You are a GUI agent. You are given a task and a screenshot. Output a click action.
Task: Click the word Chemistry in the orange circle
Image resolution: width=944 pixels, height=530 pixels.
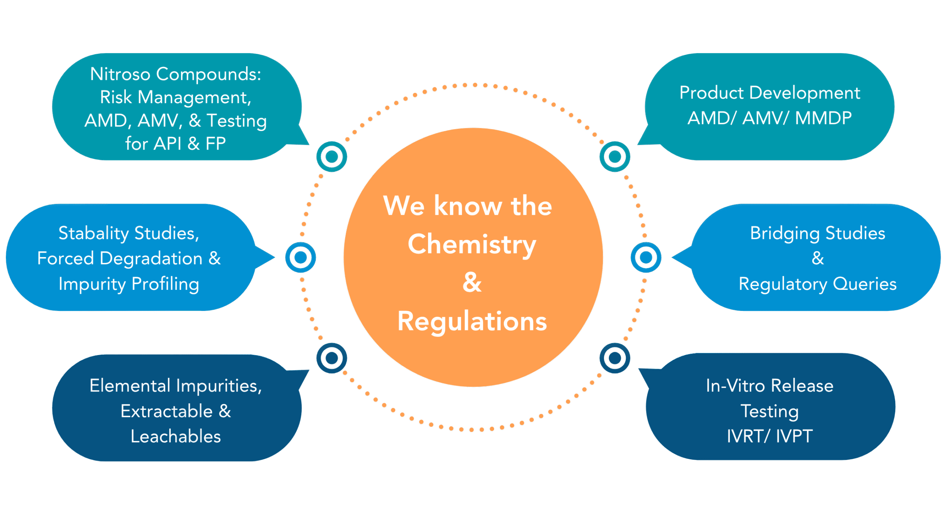(472, 245)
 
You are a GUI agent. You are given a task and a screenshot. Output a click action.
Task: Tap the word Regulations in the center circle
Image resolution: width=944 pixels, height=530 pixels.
(472, 322)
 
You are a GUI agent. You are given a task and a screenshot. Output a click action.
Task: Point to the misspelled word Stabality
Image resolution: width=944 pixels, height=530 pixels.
(94, 234)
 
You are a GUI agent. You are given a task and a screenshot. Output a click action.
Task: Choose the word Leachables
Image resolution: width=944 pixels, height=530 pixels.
(176, 436)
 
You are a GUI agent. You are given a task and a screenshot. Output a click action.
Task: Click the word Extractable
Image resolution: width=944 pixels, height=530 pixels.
(167, 411)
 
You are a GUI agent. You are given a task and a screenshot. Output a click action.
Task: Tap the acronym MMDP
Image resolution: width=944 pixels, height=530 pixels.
(823, 118)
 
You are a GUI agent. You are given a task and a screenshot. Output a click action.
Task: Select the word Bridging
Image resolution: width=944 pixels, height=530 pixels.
(785, 234)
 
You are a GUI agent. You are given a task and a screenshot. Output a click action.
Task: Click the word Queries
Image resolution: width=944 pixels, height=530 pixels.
(864, 284)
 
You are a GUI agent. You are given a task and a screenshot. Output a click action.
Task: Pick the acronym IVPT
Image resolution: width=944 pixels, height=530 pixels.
(794, 436)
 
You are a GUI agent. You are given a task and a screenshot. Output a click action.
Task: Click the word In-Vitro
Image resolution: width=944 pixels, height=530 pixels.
(735, 386)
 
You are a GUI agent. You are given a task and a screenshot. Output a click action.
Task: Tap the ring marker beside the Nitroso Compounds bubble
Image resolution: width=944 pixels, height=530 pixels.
(332, 157)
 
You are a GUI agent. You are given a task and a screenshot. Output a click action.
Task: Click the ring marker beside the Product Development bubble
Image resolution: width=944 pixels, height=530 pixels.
(615, 157)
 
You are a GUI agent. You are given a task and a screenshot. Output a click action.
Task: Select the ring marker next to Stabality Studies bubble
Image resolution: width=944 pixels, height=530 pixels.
(301, 257)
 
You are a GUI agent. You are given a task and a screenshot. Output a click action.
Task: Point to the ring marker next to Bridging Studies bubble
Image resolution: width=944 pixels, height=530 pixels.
(646, 257)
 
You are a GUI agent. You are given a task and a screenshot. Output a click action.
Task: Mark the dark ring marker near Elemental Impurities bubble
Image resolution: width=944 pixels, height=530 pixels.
(332, 358)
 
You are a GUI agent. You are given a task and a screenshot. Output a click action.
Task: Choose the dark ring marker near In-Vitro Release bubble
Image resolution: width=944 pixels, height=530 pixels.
(615, 358)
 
